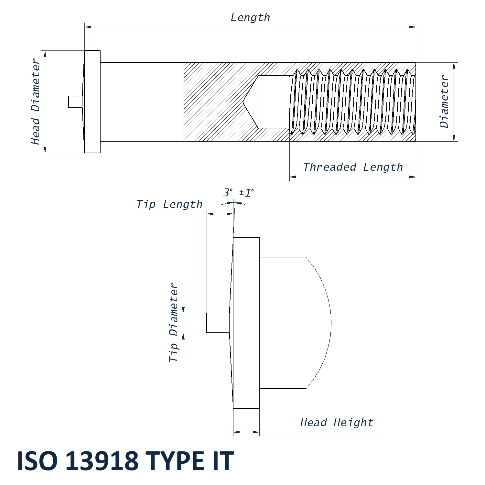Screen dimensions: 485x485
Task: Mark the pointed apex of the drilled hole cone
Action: click(x=243, y=102)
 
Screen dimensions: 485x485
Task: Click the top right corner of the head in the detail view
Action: click(x=259, y=237)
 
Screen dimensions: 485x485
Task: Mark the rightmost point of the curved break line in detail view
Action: click(x=331, y=323)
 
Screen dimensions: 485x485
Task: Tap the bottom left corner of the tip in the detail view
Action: click(x=207, y=332)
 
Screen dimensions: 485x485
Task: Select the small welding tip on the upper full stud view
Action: click(x=76, y=102)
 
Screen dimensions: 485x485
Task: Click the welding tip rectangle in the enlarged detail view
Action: click(x=218, y=323)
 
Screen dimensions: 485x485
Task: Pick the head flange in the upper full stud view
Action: click(x=92, y=102)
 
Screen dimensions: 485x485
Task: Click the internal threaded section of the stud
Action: click(x=352, y=102)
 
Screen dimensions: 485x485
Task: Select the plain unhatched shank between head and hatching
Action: click(x=142, y=102)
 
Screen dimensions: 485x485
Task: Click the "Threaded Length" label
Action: click(x=353, y=167)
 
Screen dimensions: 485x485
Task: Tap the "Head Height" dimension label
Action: click(x=337, y=423)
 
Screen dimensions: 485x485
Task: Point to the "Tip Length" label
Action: click(x=169, y=204)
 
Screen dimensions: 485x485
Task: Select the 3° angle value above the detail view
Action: click(x=228, y=192)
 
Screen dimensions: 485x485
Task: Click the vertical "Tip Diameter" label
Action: click(x=174, y=322)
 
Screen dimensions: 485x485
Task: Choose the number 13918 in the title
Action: click(x=102, y=461)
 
